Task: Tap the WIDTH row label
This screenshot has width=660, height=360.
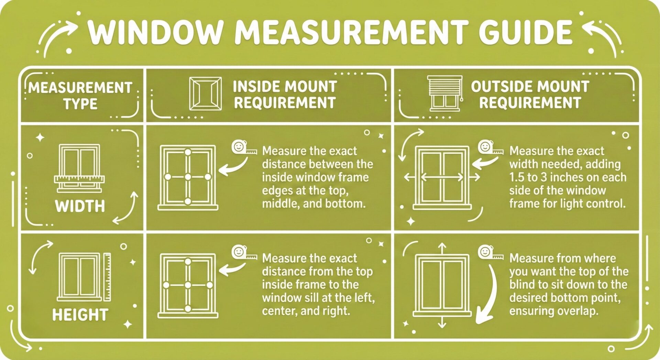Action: (x=80, y=206)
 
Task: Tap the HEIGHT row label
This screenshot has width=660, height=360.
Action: (x=80, y=315)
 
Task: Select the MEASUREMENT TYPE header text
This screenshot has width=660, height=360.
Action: (x=80, y=95)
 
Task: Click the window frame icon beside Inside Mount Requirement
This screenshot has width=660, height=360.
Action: (x=206, y=94)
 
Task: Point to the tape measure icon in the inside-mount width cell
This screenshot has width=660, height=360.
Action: (x=244, y=148)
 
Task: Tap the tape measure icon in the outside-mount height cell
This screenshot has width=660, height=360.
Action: (x=490, y=253)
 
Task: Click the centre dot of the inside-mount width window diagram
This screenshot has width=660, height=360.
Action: (x=188, y=177)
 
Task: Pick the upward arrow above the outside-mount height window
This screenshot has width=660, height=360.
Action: (x=442, y=248)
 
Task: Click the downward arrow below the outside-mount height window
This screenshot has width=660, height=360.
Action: (x=442, y=323)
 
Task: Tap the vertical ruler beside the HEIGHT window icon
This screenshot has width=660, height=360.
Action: (x=107, y=277)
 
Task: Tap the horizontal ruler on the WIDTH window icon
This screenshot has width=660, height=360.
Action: (x=79, y=179)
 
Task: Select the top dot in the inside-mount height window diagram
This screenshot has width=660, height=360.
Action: (x=188, y=262)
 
